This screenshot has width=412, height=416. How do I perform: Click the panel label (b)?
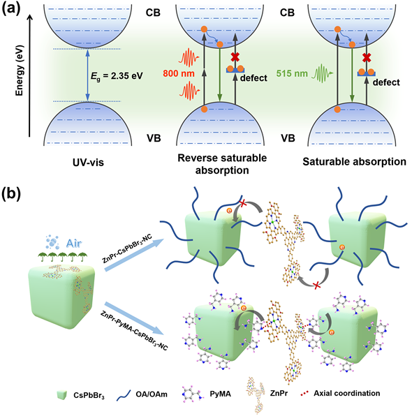[11, 195]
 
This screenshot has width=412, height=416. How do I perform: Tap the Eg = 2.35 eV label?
[117, 76]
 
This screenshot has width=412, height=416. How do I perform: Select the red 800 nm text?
[178, 73]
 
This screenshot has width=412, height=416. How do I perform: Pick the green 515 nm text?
[292, 73]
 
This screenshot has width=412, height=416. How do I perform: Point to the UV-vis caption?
[88, 162]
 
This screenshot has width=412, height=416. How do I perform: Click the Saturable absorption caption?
[355, 161]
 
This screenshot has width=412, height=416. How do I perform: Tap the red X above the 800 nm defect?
[235, 57]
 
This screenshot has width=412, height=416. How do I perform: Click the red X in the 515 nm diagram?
[367, 57]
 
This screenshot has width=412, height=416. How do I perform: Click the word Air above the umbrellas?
[74, 244]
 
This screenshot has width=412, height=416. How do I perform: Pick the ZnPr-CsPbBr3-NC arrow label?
[127, 249]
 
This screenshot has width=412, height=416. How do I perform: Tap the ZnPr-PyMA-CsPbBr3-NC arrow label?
[134, 331]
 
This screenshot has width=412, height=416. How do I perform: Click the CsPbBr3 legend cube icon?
[62, 394]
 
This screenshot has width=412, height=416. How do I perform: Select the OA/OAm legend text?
[152, 394]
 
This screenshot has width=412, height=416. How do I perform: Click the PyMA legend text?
[220, 394]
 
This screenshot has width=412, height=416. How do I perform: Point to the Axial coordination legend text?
[346, 393]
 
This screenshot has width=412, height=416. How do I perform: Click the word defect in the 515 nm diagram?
[386, 82]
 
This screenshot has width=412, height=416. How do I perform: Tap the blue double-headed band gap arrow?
[87, 75]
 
